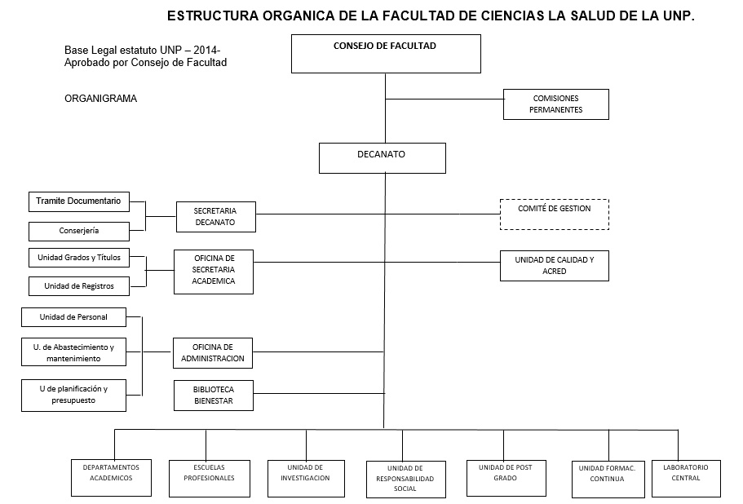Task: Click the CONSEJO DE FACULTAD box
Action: [x=386, y=54]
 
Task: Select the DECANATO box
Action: [x=383, y=158]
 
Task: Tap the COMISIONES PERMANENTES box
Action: [x=556, y=104]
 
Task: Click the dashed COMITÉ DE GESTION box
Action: [x=555, y=214]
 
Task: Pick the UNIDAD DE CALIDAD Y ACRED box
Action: [x=555, y=266]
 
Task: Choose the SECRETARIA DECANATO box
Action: [x=216, y=217]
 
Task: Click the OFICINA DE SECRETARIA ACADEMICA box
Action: [x=214, y=272]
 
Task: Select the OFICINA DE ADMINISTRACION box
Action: [x=213, y=353]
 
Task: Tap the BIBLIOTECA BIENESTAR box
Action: [x=214, y=396]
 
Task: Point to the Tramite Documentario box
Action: [x=79, y=201]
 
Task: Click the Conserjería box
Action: [x=79, y=232]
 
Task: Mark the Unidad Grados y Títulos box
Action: [x=79, y=259]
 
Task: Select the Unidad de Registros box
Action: [x=79, y=286]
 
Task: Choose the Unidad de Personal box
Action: [x=74, y=317]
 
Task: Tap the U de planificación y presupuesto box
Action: [x=74, y=396]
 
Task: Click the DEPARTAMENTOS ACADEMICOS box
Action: [x=112, y=478]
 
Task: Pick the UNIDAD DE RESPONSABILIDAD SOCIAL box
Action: [x=406, y=480]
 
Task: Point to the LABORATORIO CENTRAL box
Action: [x=686, y=479]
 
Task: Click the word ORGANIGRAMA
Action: [x=101, y=99]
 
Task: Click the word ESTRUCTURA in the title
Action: [x=213, y=15]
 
